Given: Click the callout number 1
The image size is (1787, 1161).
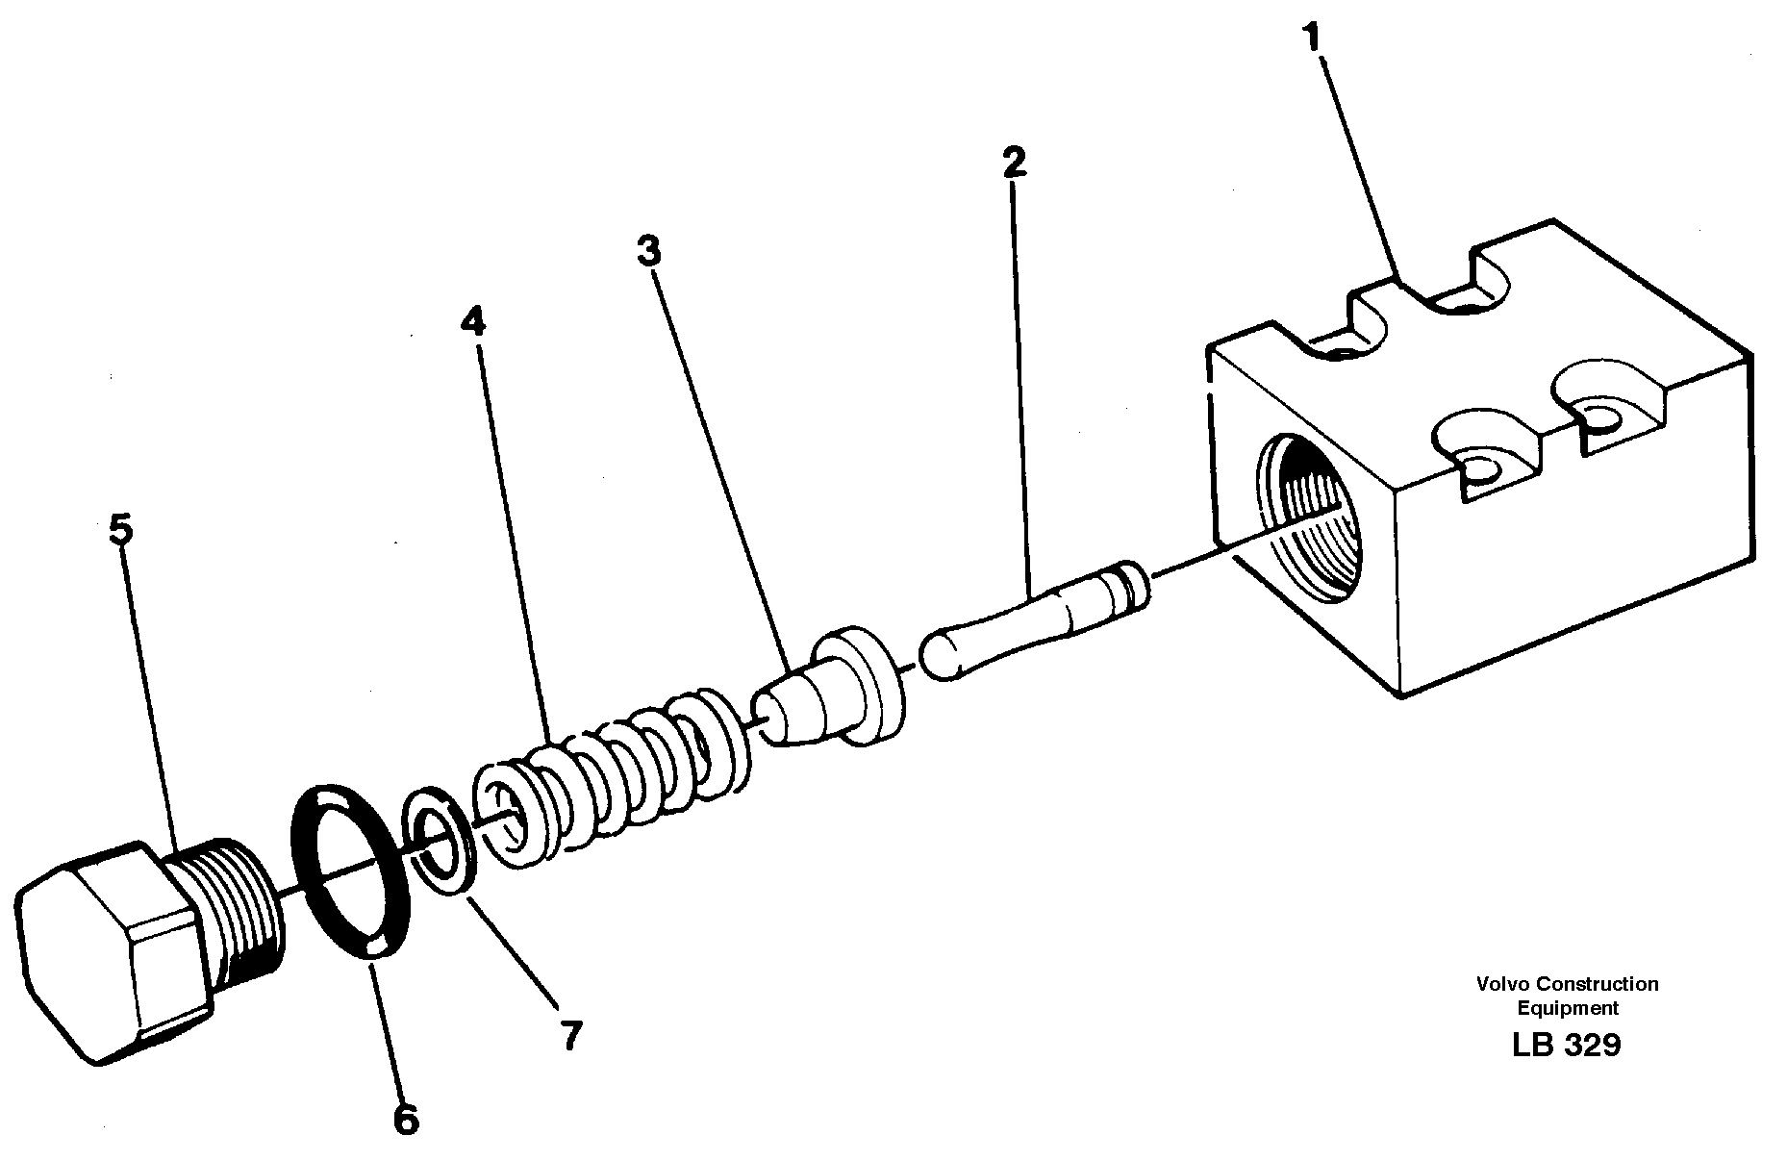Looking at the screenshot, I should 1312,38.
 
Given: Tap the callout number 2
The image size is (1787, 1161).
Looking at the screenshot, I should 1013,162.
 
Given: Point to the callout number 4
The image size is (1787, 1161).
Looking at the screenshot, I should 472,321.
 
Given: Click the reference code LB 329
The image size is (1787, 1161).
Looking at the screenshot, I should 1567,1045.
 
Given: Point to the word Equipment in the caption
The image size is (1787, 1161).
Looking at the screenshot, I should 1568,1008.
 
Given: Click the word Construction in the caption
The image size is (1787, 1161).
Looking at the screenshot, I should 1597,984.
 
